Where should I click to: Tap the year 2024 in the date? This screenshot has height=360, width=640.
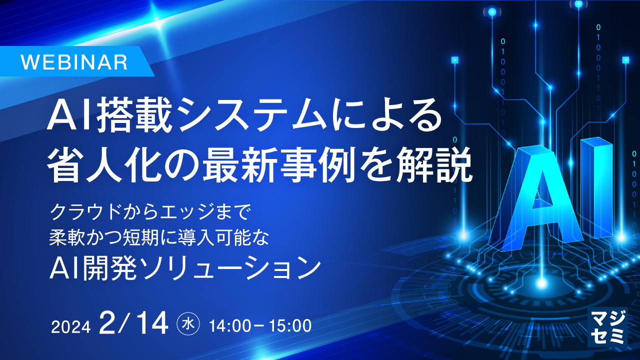tap(71, 326)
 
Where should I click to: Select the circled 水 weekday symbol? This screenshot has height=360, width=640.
tap(188, 324)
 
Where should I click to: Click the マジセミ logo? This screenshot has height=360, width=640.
tap(607, 326)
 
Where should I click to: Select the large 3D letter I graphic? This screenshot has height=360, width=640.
tap(596, 187)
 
